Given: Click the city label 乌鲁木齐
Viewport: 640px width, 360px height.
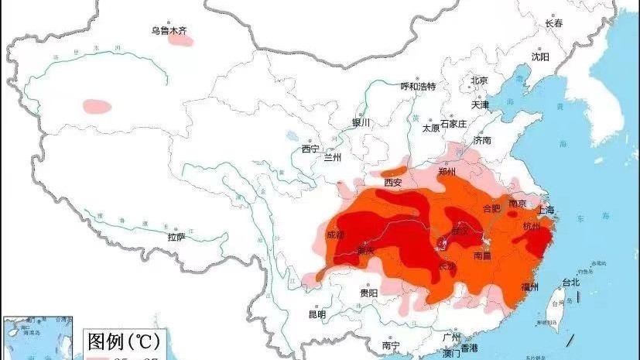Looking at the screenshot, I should pyautogui.click(x=169, y=31).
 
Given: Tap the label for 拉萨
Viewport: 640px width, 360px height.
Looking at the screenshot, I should pyautogui.click(x=176, y=236).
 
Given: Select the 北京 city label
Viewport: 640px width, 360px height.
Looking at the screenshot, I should pyautogui.click(x=479, y=81).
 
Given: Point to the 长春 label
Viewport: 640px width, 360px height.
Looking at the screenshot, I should pyautogui.click(x=554, y=23).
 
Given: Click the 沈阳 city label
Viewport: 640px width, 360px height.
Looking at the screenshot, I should pyautogui.click(x=540, y=57).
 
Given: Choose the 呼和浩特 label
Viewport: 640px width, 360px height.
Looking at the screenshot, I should pyautogui.click(x=418, y=86).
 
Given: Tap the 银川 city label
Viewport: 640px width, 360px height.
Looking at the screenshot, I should pyautogui.click(x=361, y=122).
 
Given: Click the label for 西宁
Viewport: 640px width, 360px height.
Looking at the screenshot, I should pyautogui.click(x=310, y=148).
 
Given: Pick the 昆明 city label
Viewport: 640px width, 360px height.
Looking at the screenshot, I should pyautogui.click(x=317, y=314).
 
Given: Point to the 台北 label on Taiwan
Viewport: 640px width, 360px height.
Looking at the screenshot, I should pyautogui.click(x=570, y=282).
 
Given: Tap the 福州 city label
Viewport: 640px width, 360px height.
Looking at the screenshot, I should pyautogui.click(x=530, y=286).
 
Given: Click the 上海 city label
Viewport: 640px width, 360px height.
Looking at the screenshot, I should pyautogui.click(x=546, y=210).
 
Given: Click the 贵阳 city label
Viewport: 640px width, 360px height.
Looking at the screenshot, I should pyautogui.click(x=368, y=293).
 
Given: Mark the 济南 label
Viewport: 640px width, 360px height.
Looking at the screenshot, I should pyautogui.click(x=482, y=140).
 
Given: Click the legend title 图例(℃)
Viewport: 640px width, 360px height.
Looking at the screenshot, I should pyautogui.click(x=124, y=341).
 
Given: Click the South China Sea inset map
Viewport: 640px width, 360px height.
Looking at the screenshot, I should pyautogui.click(x=39, y=338).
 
